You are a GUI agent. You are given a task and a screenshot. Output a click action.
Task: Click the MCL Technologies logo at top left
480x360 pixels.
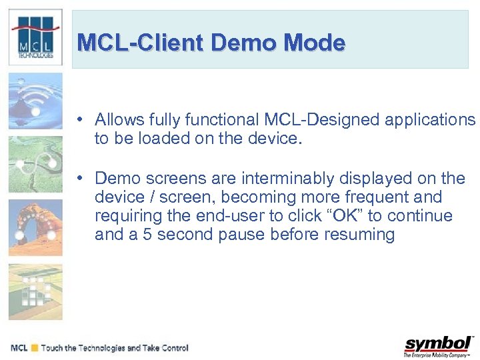(35, 37)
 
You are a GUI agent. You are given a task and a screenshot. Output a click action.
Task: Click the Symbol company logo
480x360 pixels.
(438, 345)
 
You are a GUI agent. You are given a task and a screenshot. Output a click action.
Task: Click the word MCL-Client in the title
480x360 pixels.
(141, 43)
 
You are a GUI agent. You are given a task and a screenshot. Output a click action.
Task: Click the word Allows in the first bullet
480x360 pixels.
(117, 120)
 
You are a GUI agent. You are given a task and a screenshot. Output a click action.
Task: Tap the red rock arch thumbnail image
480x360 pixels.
(35, 227)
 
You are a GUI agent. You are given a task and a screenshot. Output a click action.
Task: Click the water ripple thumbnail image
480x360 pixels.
(35, 101)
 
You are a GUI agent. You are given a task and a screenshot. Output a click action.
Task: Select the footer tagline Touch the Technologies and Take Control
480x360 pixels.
(115, 348)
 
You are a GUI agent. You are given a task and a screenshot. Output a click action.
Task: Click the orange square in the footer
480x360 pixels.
(34, 348)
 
